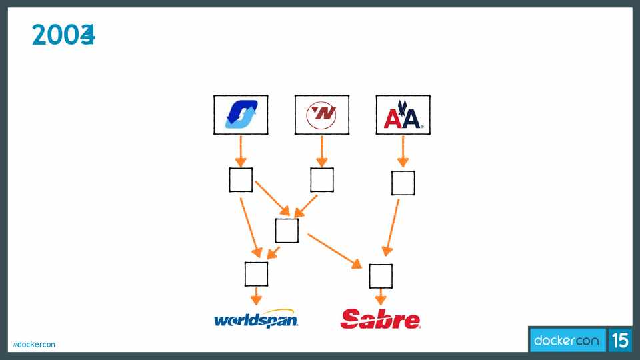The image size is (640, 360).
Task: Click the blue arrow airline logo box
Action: click(x=241, y=115)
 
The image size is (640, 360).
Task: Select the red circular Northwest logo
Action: click(x=322, y=115)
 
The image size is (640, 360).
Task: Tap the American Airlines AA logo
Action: click(x=403, y=115)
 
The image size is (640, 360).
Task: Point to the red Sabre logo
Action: click(x=381, y=319)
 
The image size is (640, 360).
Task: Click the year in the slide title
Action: click(x=63, y=35)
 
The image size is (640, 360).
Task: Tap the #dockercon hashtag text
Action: click(x=34, y=344)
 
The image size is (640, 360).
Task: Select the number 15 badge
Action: click(x=619, y=341)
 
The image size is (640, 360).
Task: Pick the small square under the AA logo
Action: click(x=403, y=183)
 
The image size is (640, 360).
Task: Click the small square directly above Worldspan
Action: click(x=256, y=274)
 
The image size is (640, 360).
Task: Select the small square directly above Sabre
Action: click(x=381, y=275)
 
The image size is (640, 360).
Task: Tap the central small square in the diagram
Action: click(x=287, y=230)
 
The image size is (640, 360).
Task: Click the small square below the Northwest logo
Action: click(x=322, y=180)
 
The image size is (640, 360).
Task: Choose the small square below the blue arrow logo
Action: click(x=241, y=180)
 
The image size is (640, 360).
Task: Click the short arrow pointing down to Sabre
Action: click(x=381, y=296)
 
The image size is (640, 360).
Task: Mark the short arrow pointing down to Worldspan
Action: click(x=256, y=296)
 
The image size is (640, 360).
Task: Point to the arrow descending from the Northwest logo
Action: click(x=322, y=151)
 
